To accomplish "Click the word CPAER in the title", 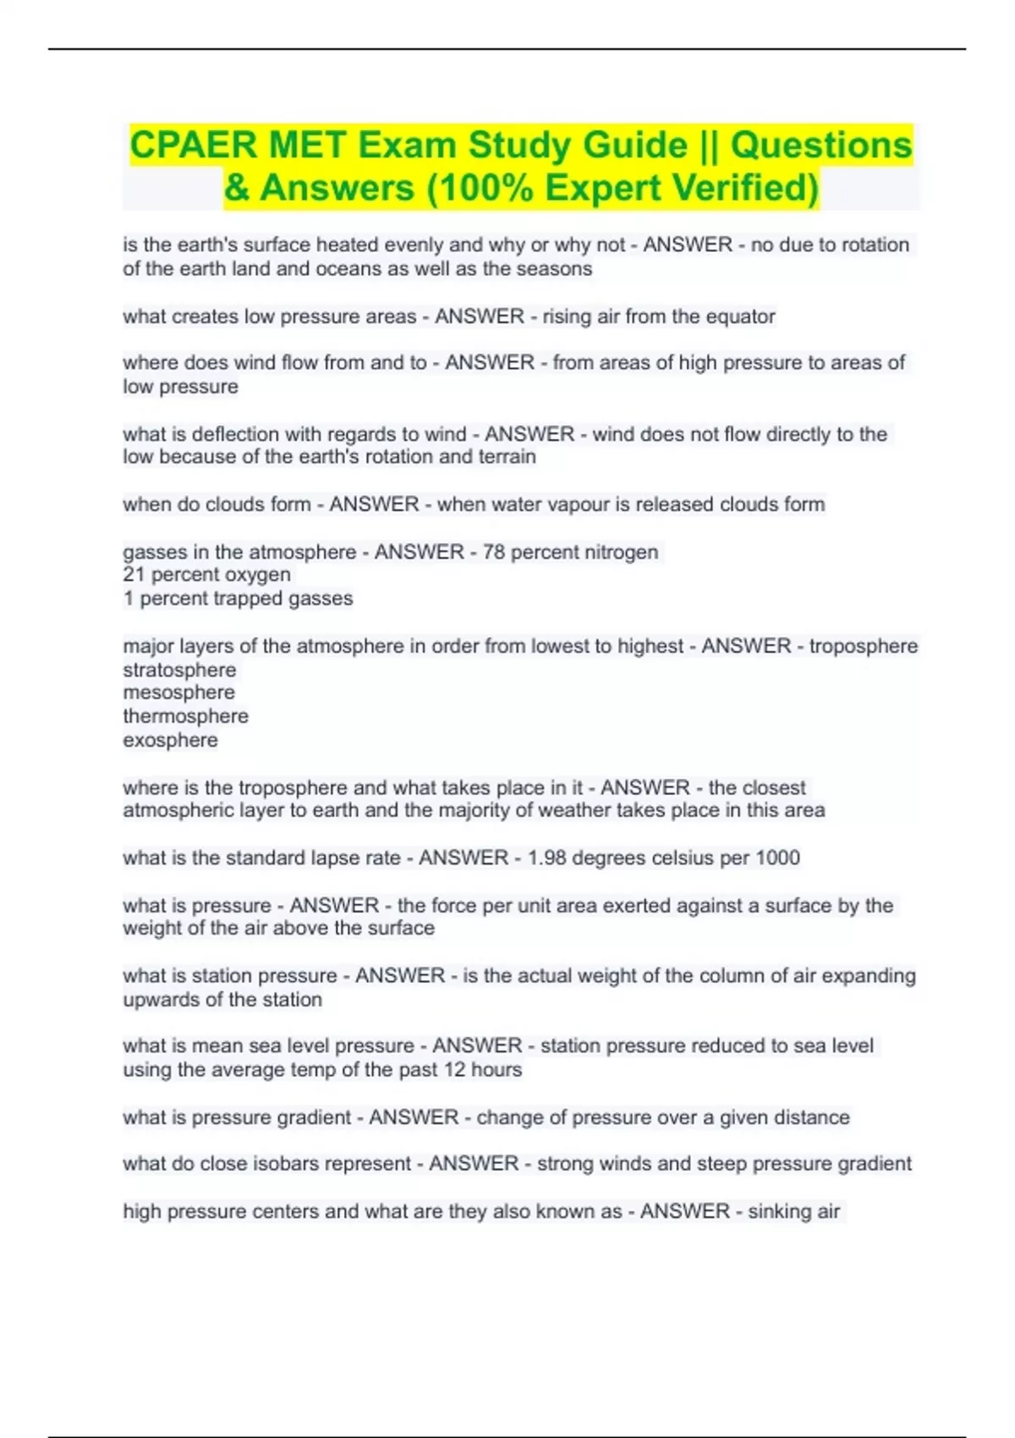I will [x=193, y=145].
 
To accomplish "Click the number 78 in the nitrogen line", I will [x=493, y=552].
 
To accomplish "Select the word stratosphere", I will [x=179, y=670].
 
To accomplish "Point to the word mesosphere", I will [x=178, y=693].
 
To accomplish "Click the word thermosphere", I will [x=185, y=716].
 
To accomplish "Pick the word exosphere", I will [x=170, y=740].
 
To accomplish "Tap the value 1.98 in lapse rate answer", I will [x=546, y=858].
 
